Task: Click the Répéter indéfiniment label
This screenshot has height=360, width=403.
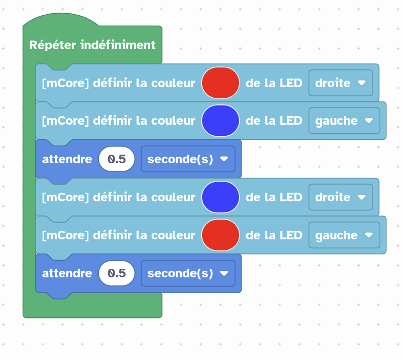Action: click(x=92, y=45)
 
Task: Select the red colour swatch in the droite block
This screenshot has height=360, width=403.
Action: click(x=220, y=83)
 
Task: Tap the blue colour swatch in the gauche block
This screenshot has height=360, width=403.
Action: click(x=220, y=121)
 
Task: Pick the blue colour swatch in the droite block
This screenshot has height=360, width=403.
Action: click(x=220, y=197)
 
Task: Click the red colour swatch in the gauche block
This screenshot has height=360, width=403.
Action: click(x=220, y=235)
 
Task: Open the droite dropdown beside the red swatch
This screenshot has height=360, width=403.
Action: click(x=341, y=83)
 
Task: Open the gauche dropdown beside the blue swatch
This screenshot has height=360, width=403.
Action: click(x=344, y=121)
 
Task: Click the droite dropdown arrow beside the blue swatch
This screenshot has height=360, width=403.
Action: click(x=361, y=197)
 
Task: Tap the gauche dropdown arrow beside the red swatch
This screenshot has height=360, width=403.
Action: click(x=369, y=235)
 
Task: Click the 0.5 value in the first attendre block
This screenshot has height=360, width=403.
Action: click(x=117, y=159)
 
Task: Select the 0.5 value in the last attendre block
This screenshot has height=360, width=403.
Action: click(x=117, y=273)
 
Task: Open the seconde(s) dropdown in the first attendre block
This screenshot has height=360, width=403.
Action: click(x=188, y=159)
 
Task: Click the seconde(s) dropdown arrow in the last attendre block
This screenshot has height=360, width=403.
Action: click(x=224, y=273)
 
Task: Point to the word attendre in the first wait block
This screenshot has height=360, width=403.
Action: click(x=67, y=159)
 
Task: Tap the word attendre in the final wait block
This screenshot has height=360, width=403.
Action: click(x=67, y=273)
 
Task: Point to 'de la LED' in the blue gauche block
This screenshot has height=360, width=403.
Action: click(x=274, y=121)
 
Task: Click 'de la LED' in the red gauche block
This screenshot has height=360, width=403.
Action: click(x=274, y=235)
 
